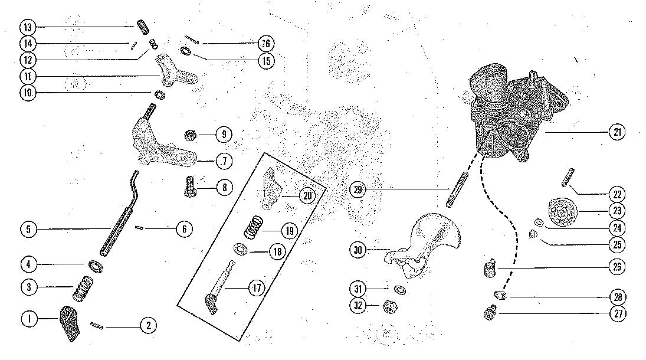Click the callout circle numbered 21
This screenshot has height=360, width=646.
617,133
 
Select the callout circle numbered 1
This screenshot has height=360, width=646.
28,319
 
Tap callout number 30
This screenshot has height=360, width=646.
358,251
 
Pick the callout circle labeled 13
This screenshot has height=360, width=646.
28,27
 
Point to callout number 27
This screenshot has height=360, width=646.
617,314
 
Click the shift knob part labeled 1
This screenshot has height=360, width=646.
71,323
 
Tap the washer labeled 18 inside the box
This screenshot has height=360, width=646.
241,249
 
